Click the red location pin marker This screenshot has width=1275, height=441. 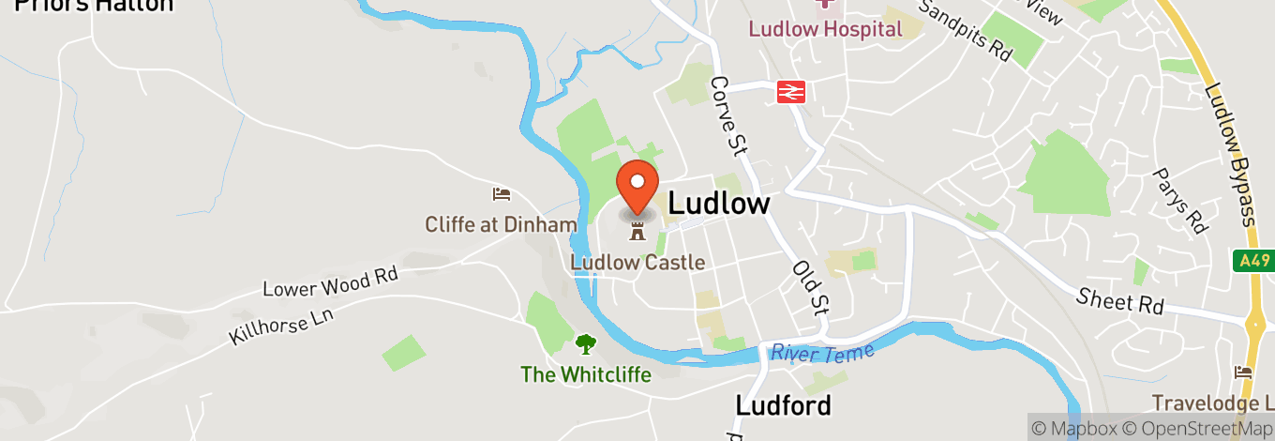click(637, 186)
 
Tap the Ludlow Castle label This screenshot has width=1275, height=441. click(637, 262)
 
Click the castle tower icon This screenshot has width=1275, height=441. click(637, 230)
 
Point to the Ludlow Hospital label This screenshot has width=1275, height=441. click(825, 29)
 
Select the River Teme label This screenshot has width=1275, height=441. click(822, 353)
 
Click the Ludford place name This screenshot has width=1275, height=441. click(783, 405)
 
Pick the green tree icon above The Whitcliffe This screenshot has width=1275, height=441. click(586, 344)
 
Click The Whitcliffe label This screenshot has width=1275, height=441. click(586, 374)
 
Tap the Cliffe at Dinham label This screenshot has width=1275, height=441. click(501, 224)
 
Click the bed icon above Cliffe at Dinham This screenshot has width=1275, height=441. click(502, 194)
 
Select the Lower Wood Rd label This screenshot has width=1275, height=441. click(330, 281)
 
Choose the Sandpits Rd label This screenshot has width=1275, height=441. click(965, 31)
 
